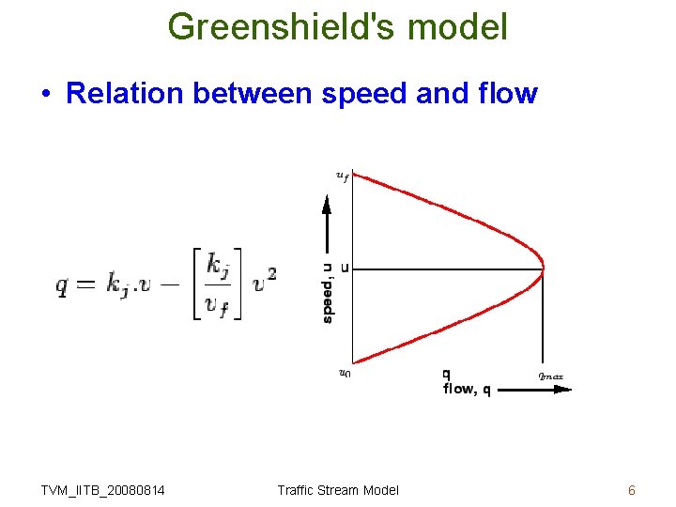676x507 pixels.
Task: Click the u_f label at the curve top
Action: [343, 174]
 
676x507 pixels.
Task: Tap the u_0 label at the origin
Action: [345, 373]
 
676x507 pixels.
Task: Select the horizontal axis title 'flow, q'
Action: [467, 390]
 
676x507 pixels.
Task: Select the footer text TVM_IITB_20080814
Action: [103, 489]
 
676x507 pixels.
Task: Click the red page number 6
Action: [632, 489]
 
